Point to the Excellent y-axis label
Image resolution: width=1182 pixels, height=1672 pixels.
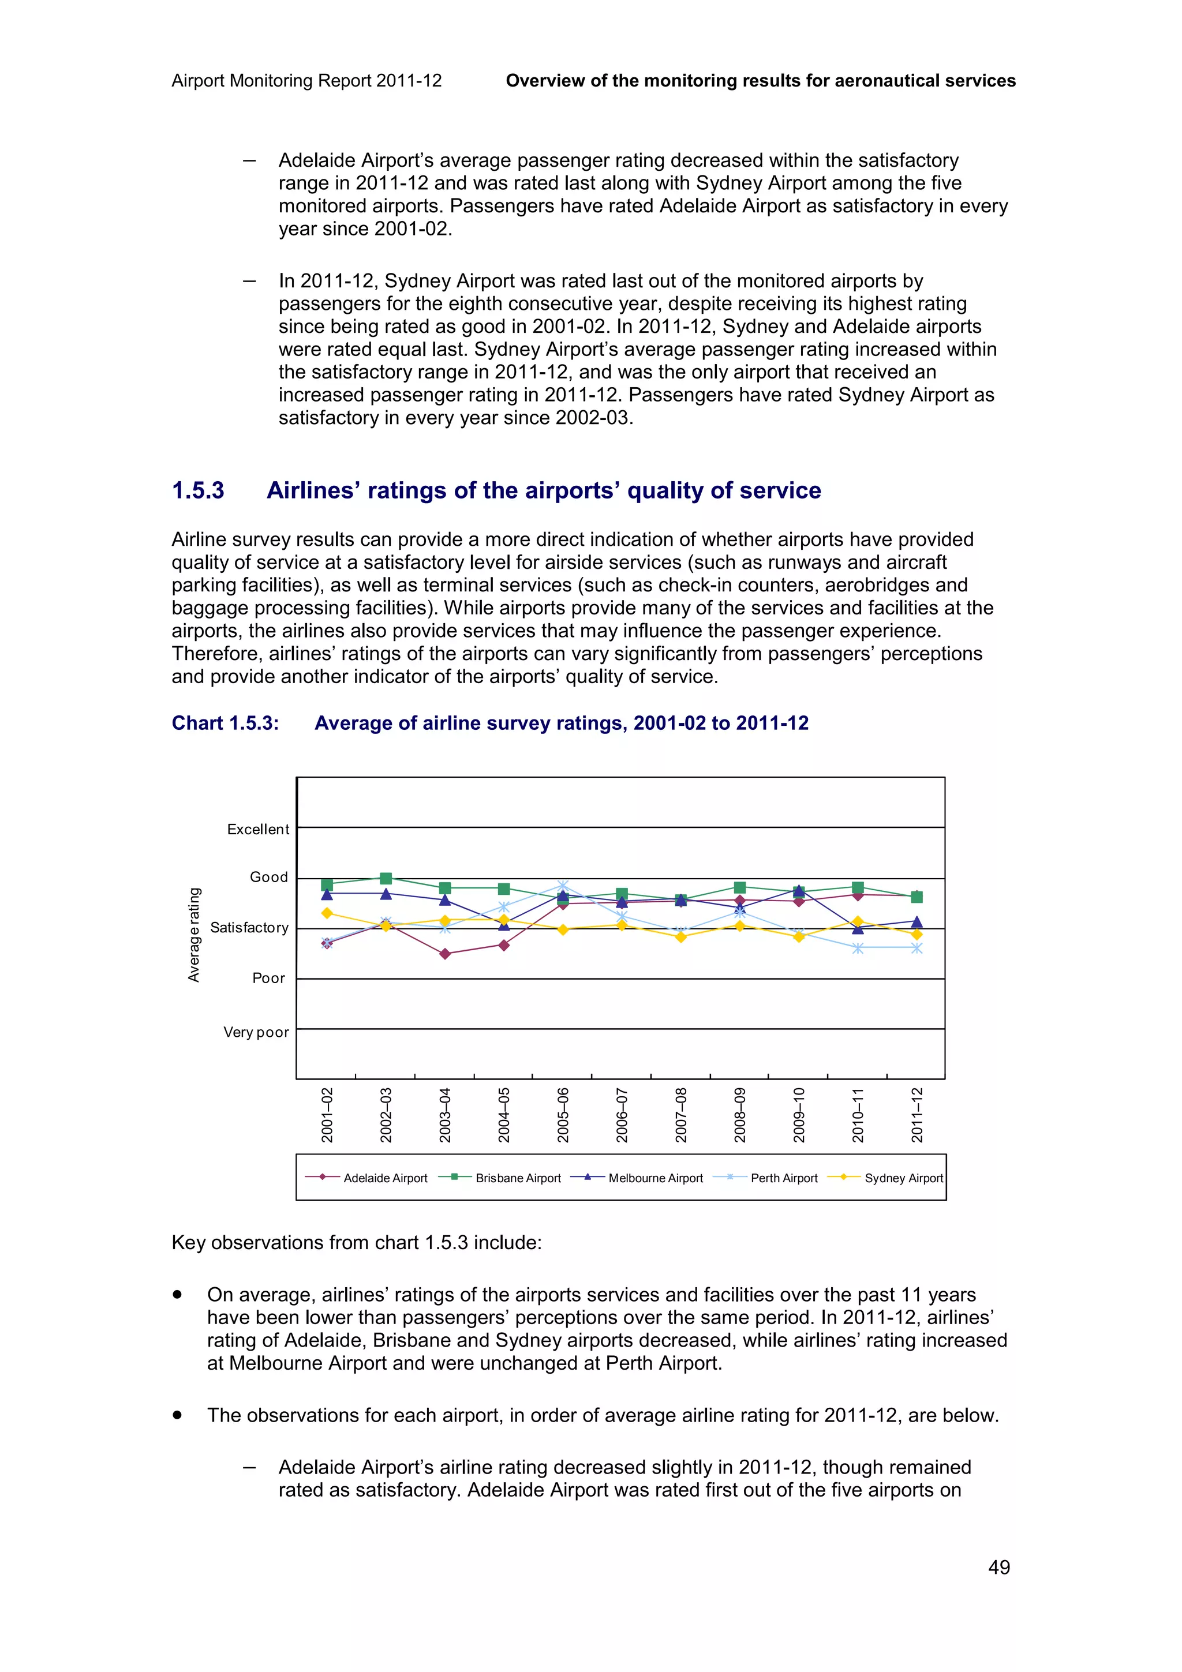[258, 830]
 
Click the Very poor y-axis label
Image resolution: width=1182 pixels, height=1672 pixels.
[256, 1032]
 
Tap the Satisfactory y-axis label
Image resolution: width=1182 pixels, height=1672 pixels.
[249, 928]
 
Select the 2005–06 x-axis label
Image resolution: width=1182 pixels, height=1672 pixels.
[563, 1115]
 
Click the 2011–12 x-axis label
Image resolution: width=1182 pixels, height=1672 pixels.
[917, 1115]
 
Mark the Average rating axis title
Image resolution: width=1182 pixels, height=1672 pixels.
[194, 935]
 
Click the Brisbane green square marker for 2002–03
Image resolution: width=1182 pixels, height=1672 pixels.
[386, 878]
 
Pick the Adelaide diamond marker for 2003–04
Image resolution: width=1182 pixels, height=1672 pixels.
[445, 954]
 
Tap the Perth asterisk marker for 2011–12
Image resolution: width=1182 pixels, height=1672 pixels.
[917, 948]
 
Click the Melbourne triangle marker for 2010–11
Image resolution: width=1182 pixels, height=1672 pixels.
[858, 928]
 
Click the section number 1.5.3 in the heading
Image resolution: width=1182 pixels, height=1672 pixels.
[198, 491]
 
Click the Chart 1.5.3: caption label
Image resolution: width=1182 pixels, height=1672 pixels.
[225, 723]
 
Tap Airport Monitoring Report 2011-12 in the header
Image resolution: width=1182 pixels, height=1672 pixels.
[306, 81]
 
